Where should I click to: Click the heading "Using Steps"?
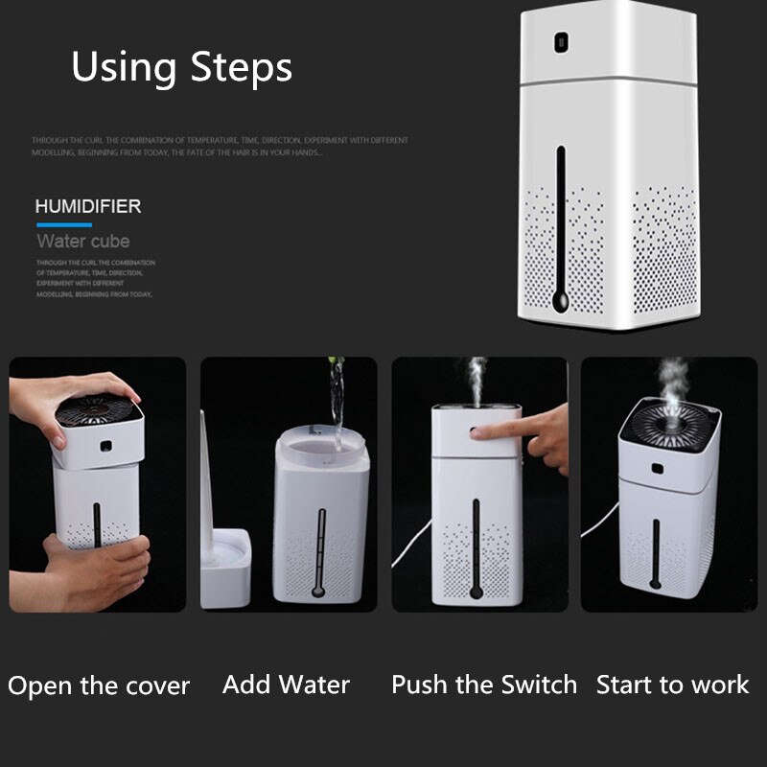point(181,68)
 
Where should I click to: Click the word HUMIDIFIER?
point(88,206)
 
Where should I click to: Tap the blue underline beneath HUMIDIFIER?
point(63,225)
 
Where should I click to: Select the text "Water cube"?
point(82,241)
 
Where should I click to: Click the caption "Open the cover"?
point(99,686)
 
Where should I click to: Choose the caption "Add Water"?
point(286,685)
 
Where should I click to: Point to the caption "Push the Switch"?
point(484,685)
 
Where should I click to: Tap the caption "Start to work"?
point(672,685)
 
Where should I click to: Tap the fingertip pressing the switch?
point(480,433)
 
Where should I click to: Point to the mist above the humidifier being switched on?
point(476,379)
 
